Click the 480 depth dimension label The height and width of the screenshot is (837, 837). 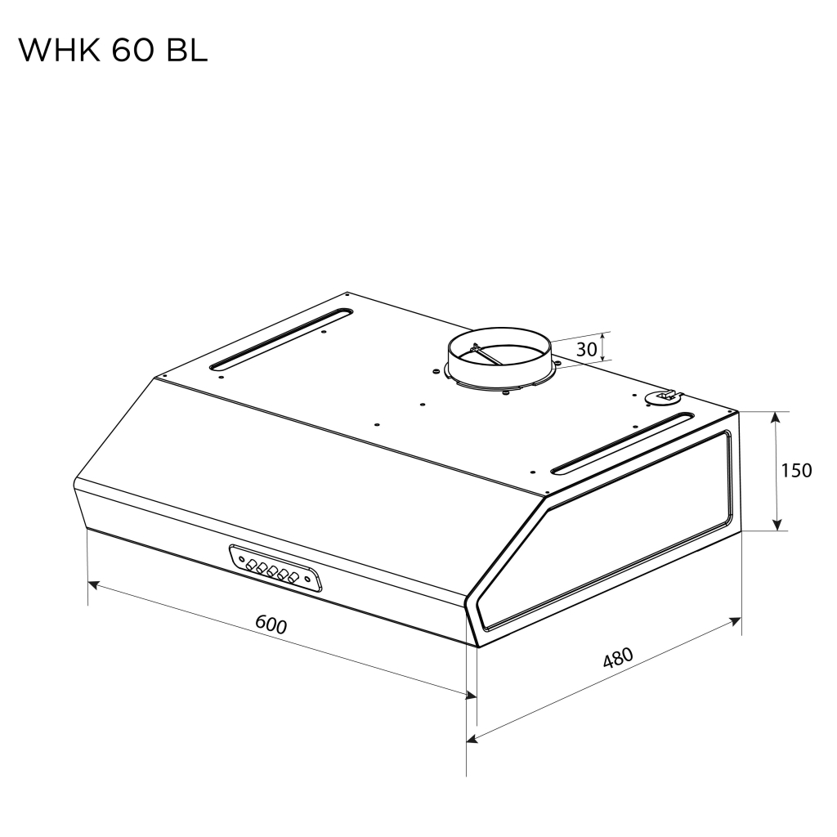tap(618, 659)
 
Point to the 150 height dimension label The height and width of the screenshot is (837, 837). tap(795, 471)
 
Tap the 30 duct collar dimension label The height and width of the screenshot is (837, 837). tap(586, 350)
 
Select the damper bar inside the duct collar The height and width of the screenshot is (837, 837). tap(488, 354)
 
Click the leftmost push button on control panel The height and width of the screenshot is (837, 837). tap(253, 564)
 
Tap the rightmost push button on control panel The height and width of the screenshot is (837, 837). tap(292, 579)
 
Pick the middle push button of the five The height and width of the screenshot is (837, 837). tap(272, 571)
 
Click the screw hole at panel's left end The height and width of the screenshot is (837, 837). tap(242, 559)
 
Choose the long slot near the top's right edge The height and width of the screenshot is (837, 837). tap(619, 445)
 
